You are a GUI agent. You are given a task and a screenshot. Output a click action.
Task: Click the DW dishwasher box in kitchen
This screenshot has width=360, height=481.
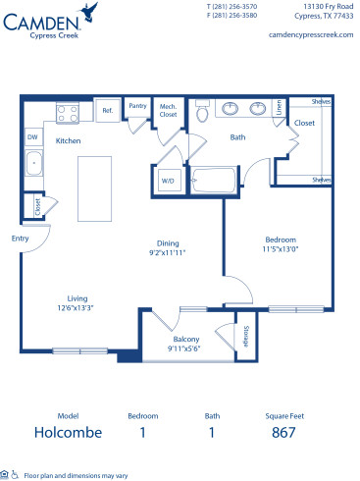point(32,137)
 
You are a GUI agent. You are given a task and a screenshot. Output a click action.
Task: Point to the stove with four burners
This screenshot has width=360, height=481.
point(68,113)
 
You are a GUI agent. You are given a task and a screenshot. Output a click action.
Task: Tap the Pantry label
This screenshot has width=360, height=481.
point(137,106)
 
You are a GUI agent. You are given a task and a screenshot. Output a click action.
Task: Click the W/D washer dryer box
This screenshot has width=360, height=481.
point(167,180)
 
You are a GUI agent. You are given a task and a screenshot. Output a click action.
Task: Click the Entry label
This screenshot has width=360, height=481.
point(20,238)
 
